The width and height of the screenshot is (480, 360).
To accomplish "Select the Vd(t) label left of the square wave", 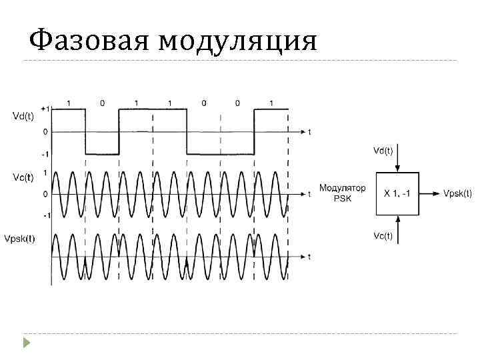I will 23,117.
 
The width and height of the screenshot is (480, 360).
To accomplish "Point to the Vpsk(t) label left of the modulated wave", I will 20,238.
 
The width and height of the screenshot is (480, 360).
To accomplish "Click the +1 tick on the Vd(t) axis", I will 44,108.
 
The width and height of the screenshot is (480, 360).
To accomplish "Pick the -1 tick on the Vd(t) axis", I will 45,154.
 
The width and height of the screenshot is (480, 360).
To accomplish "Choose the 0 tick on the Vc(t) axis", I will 45,194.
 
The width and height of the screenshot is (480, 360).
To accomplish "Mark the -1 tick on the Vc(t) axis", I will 45,215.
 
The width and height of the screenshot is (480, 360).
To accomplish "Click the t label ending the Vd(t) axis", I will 309,132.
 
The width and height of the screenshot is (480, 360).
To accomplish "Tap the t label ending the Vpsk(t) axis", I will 309,256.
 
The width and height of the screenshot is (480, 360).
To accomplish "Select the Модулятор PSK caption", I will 342,193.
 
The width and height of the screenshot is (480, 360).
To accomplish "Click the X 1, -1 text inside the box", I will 397,193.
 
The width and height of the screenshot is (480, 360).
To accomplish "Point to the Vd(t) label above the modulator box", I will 383,151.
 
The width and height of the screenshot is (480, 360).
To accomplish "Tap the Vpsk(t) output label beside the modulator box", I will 457,193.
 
